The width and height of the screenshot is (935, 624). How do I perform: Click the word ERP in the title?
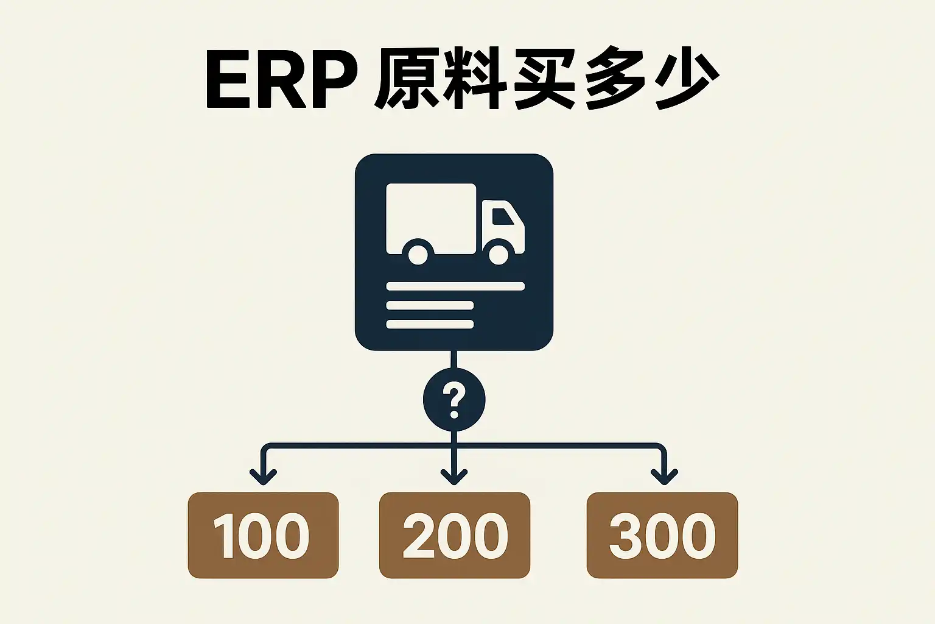coord(282,79)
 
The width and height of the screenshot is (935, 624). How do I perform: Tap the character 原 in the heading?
coord(407,78)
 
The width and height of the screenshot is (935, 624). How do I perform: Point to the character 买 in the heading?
coord(545,78)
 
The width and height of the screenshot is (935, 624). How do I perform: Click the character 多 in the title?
coord(614,78)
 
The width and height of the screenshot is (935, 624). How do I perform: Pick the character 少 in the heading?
coord(684,78)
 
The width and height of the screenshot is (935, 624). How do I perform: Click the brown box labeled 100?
coord(263,536)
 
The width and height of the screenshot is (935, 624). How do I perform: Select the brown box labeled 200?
coord(455,536)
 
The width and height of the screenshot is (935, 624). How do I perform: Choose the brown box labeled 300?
coord(662,536)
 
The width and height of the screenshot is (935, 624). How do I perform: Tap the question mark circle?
coord(454,400)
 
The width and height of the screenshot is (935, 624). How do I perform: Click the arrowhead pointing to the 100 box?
coord(263,477)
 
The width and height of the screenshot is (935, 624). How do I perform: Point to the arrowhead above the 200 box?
coord(454,477)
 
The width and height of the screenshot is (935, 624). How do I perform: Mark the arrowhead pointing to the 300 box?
coord(664,477)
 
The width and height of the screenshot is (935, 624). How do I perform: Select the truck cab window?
coord(502,216)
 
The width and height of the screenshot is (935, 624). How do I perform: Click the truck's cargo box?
coord(431,218)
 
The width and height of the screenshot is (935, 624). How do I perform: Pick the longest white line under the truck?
coord(455,286)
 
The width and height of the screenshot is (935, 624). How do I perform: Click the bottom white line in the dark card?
coord(430,324)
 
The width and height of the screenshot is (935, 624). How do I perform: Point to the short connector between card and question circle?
coord(454,360)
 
